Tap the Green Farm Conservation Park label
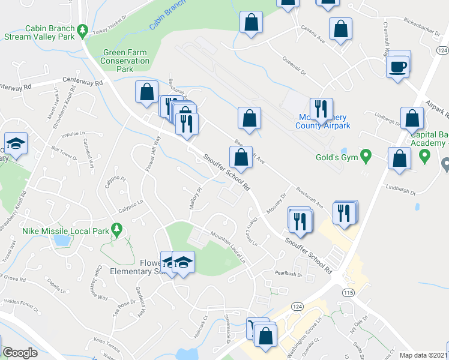(x=125, y=61)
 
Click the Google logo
(x=20, y=353)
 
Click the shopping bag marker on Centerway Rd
(x=146, y=92)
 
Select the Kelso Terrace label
(x=107, y=348)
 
